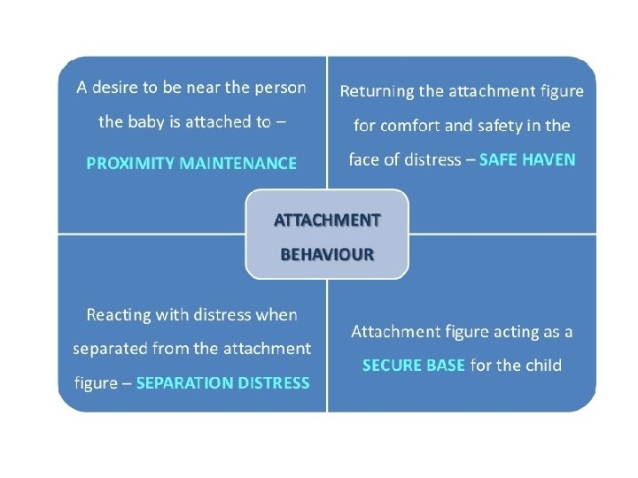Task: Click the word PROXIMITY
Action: [x=129, y=163]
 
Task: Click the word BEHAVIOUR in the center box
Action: [x=327, y=254]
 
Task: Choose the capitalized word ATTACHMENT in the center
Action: [x=327, y=220]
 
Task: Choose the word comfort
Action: [x=413, y=126]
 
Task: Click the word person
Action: [x=278, y=89]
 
